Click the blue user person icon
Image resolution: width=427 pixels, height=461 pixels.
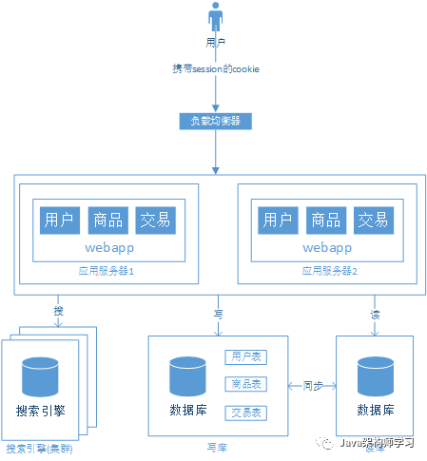pyautogui.click(x=217, y=20)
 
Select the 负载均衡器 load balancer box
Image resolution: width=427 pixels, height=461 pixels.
pyautogui.click(x=216, y=122)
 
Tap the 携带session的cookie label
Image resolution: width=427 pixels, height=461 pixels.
pyautogui.click(x=217, y=69)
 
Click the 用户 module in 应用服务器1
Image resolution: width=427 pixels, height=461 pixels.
pyautogui.click(x=60, y=220)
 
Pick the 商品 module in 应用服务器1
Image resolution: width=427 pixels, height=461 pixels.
pyautogui.click(x=107, y=220)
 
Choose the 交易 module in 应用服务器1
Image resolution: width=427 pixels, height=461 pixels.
pyautogui.click(x=155, y=220)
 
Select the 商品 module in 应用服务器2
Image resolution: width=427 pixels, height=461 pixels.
pyautogui.click(x=326, y=220)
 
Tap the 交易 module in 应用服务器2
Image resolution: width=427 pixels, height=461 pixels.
pyautogui.click(x=374, y=220)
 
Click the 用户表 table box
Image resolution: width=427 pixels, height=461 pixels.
pyautogui.click(x=244, y=356)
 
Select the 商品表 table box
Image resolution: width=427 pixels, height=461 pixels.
pyautogui.click(x=244, y=384)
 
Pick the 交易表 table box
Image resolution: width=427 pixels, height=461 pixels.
pyautogui.click(x=244, y=413)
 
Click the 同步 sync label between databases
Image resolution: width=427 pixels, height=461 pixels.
pyautogui.click(x=314, y=386)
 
